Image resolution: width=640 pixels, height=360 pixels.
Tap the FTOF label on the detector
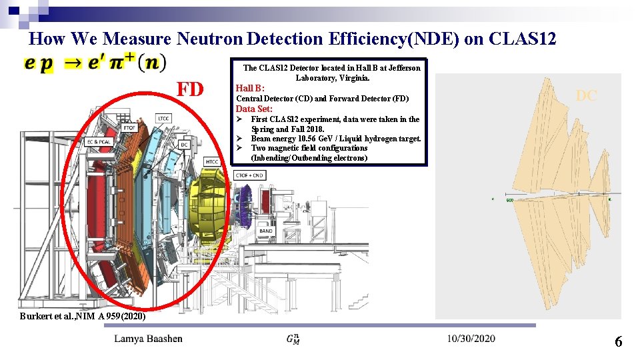click(129, 127)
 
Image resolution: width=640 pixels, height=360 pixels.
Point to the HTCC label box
click(212, 162)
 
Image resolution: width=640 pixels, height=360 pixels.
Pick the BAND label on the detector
click(265, 231)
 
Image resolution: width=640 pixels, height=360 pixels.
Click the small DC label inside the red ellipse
click(184, 145)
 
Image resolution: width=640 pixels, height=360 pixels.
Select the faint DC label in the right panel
click(586, 96)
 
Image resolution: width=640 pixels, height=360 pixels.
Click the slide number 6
click(618, 343)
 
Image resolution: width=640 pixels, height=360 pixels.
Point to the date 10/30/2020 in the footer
click(471, 339)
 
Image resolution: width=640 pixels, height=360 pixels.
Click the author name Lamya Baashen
click(148, 339)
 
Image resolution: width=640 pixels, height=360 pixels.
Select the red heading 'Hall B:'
click(250, 88)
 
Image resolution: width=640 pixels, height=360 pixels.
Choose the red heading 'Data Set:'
click(254, 109)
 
